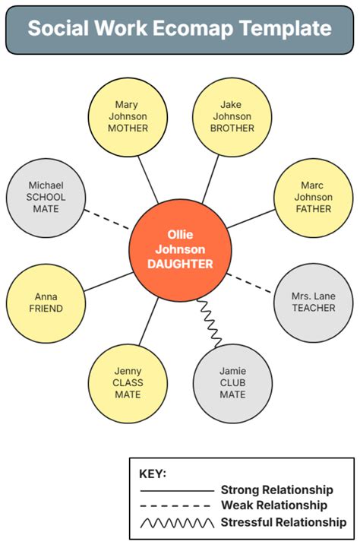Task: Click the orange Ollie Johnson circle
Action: click(x=180, y=249)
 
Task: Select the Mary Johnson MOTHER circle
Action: click(x=128, y=117)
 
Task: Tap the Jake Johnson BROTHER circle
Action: click(x=232, y=117)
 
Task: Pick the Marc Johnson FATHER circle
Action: click(x=314, y=198)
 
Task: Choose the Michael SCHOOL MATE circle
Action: click(x=46, y=198)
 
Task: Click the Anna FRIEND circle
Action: click(x=46, y=303)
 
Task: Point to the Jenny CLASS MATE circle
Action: click(x=128, y=383)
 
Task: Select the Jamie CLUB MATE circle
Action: click(x=232, y=383)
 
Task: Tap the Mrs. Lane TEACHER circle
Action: click(x=314, y=303)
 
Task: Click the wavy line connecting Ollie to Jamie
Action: click(x=210, y=323)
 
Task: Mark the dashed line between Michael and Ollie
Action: click(x=107, y=220)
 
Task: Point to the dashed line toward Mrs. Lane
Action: click(x=249, y=284)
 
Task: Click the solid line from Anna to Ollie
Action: click(x=109, y=281)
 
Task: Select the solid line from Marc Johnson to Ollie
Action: click(x=251, y=219)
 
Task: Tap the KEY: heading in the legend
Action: click(x=153, y=474)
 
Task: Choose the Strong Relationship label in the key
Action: click(x=277, y=490)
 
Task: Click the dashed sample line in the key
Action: click(x=175, y=505)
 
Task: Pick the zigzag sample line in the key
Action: click(x=177, y=523)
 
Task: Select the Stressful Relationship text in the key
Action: click(x=283, y=522)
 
